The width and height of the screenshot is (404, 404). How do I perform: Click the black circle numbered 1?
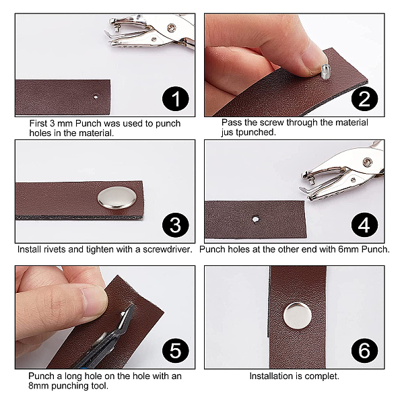[x=176, y=99]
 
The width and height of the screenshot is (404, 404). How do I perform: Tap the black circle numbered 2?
[x=364, y=99]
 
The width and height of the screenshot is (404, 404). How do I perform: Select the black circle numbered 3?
[x=176, y=225]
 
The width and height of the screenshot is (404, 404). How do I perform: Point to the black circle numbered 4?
[x=364, y=225]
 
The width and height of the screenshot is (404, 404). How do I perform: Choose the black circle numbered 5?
[x=176, y=351]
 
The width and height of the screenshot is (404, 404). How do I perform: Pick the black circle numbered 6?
[x=364, y=351]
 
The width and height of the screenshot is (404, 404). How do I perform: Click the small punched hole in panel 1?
[x=96, y=97]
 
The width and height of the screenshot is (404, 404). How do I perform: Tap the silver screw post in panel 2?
[x=325, y=71]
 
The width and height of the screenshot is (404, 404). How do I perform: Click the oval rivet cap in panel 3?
[x=117, y=197]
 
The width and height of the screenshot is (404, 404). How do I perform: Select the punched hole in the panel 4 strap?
[x=255, y=220]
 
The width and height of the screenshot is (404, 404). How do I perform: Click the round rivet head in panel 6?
[x=298, y=316]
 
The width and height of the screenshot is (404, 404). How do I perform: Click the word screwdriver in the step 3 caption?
[x=168, y=249]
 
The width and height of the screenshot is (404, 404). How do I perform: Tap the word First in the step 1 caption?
[x=38, y=123]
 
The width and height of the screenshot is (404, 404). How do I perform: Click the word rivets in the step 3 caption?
[x=53, y=249]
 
